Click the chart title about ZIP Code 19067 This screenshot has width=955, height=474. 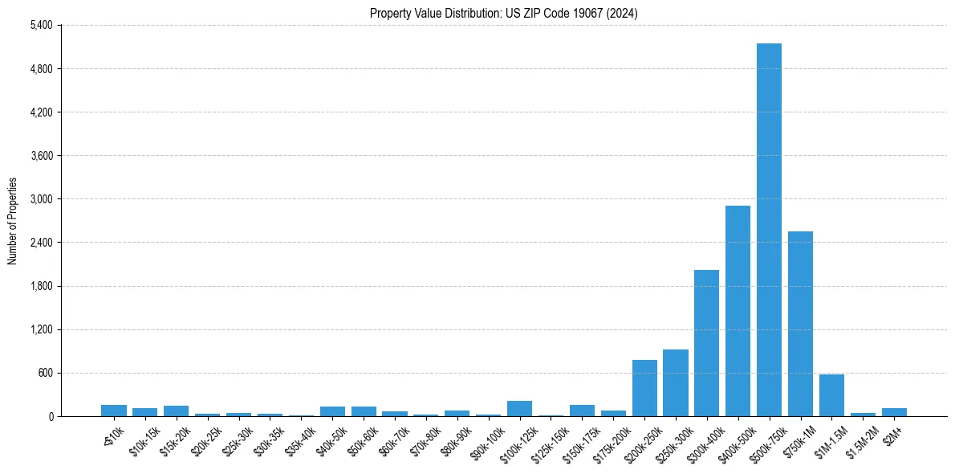coord(503,13)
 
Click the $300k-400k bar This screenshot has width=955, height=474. coord(706,343)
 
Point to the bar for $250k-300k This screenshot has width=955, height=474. coord(675,383)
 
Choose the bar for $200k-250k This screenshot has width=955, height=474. coord(644,388)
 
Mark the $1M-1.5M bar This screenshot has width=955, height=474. coord(831,395)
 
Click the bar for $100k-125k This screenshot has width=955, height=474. coord(519,409)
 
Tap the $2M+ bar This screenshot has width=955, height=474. coord(894,412)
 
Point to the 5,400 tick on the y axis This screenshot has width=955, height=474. coord(41,26)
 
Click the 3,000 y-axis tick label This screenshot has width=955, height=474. coord(41,199)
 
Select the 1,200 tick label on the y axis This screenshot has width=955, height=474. coord(41,329)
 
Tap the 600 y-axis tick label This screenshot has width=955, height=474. coord(44,373)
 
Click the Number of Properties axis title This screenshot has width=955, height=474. coord(12,221)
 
